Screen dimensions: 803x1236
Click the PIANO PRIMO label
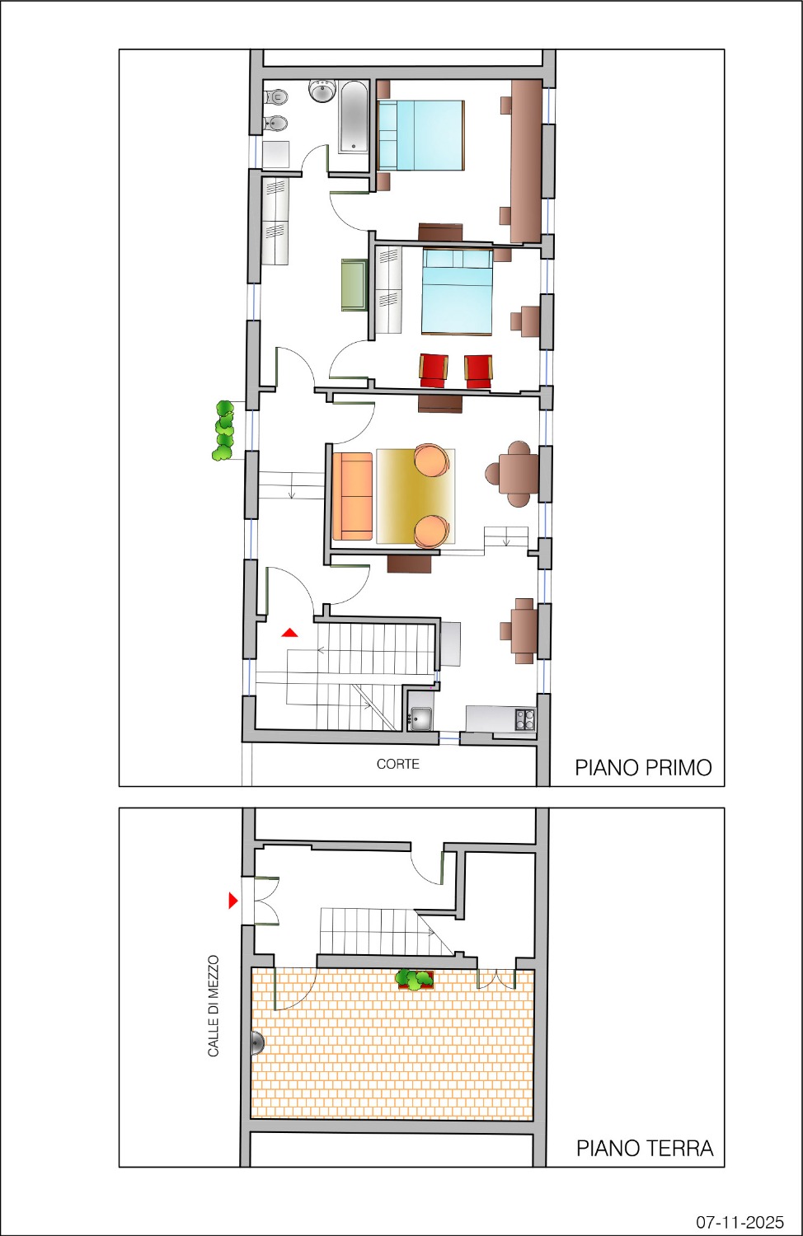(x=643, y=767)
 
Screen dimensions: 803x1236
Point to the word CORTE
(x=398, y=764)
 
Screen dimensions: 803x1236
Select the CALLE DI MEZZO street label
(x=214, y=1006)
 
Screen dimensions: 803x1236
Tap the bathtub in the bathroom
(x=353, y=117)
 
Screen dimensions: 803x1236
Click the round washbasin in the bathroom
(x=322, y=91)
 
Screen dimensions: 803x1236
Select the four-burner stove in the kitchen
(x=525, y=719)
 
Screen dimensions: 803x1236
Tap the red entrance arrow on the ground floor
(x=233, y=901)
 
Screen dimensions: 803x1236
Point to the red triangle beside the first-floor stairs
(x=289, y=633)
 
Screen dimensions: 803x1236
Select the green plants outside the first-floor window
(x=223, y=431)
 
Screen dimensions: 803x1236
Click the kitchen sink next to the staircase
(x=421, y=719)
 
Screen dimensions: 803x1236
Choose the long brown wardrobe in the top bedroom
(x=526, y=162)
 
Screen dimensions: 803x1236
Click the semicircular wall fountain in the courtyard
(x=258, y=1043)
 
